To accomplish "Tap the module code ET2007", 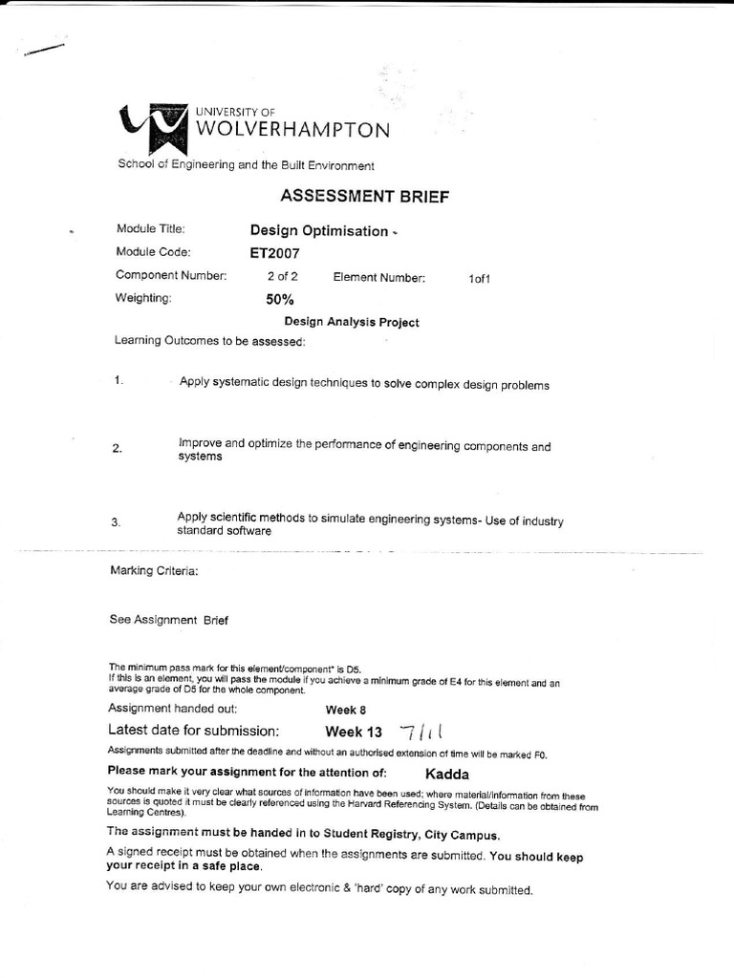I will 274,253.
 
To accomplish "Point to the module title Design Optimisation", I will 319,230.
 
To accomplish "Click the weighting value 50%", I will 280,299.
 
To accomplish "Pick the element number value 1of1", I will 479,278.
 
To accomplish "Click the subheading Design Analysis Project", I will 352,322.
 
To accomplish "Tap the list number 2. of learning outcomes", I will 117,450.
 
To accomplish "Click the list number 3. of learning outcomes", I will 117,522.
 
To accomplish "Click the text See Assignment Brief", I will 169,619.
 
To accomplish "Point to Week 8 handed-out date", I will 345,711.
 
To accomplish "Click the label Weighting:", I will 143,299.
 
